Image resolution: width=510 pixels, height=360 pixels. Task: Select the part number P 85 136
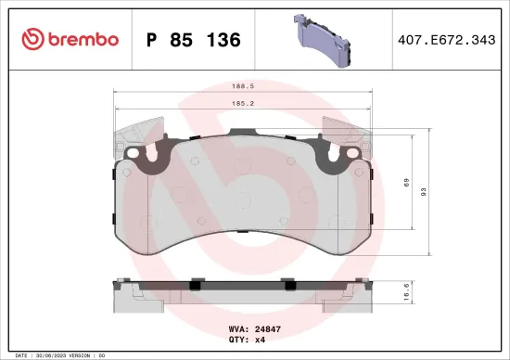pos(194,40)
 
